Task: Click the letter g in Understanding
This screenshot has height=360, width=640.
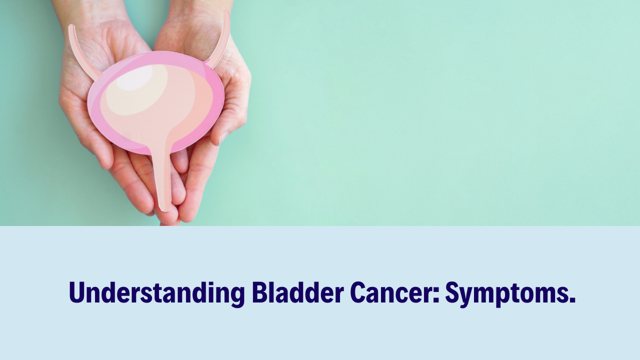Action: point(238,296)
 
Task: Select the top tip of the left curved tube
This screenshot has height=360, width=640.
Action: point(71,26)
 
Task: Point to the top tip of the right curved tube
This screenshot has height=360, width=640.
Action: point(227,12)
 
